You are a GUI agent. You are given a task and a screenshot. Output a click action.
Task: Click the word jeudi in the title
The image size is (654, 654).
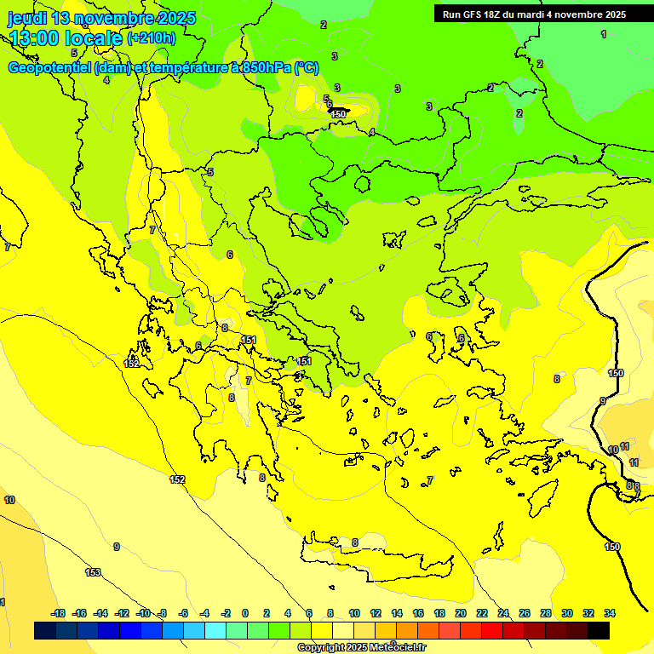click(26, 18)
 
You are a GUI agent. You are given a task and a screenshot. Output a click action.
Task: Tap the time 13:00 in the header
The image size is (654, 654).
click(35, 37)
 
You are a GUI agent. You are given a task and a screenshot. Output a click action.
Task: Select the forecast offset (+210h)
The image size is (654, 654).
click(152, 37)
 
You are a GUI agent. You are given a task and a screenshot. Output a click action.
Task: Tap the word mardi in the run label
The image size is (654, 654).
click(546, 14)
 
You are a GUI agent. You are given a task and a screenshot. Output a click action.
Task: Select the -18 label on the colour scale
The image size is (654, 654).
click(59, 613)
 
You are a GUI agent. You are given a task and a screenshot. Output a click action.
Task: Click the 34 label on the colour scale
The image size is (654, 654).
click(610, 613)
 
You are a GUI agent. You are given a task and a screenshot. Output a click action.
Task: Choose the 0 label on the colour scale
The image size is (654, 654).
click(245, 613)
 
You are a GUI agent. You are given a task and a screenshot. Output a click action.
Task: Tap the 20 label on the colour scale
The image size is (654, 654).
click(461, 613)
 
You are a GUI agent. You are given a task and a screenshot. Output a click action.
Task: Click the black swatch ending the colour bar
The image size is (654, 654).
click(599, 630)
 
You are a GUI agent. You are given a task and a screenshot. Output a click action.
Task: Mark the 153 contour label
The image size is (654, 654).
click(93, 573)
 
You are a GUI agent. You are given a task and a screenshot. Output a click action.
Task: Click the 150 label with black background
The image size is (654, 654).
click(339, 114)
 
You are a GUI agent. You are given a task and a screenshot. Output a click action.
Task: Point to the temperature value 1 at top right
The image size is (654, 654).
click(604, 34)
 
